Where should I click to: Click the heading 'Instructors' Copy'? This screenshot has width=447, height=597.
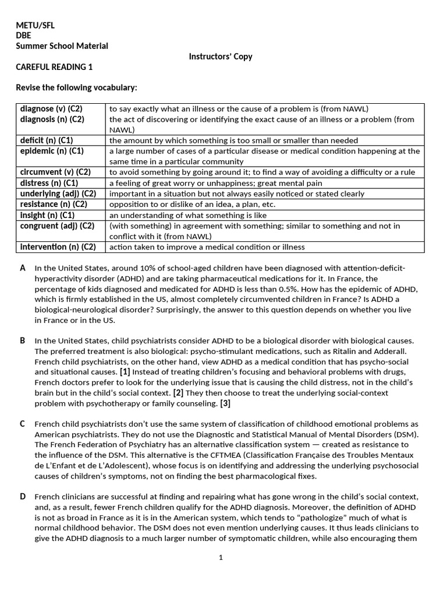(x=221, y=57)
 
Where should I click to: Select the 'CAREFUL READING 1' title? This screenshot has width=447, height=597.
(x=54, y=67)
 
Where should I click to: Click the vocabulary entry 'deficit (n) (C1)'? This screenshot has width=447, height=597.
(x=47, y=141)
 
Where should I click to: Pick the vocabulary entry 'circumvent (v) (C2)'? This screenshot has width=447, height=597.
(x=55, y=172)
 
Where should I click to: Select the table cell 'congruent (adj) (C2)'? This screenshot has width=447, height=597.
(x=57, y=226)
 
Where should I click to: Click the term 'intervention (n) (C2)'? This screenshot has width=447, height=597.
(x=58, y=247)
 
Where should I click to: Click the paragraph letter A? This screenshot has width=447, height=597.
(x=23, y=268)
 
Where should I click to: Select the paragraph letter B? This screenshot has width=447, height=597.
(x=23, y=340)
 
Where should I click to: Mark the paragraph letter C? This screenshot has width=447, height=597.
(x=23, y=424)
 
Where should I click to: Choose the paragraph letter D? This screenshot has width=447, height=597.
(x=23, y=497)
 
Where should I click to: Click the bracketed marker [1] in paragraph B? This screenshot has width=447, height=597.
(x=125, y=373)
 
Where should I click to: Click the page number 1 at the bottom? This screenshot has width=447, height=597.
(x=221, y=557)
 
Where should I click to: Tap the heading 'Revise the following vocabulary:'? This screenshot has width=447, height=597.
(x=76, y=88)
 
